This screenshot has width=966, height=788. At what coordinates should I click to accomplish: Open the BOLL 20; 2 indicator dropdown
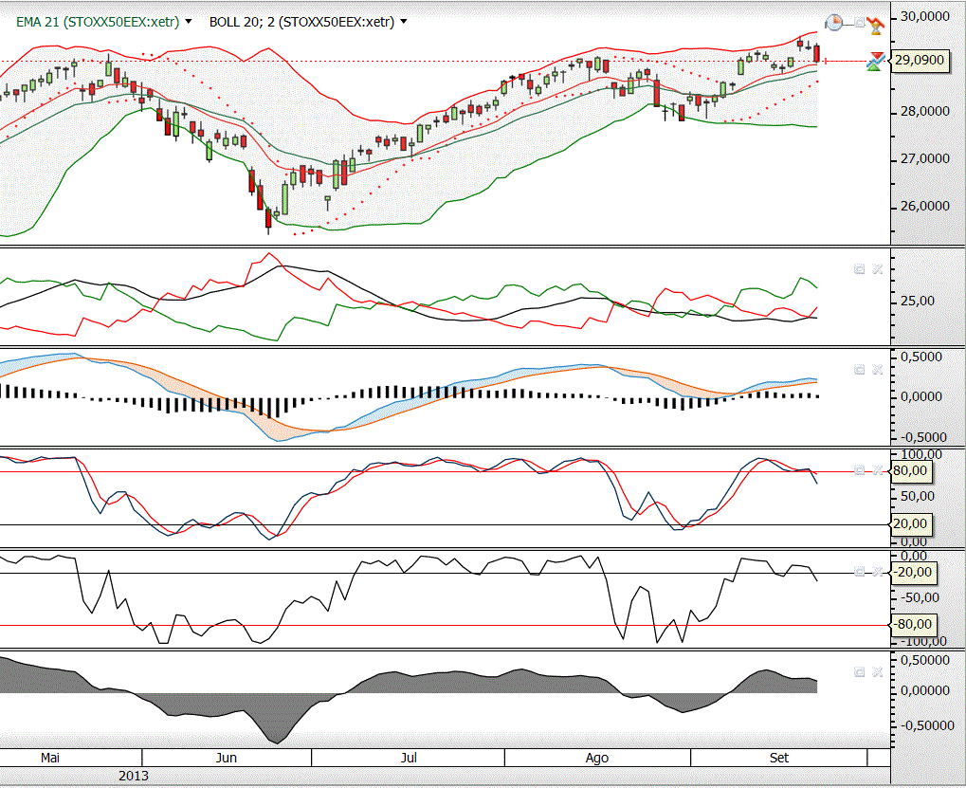pos(405,22)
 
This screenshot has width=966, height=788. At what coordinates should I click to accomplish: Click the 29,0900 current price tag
pos(920,61)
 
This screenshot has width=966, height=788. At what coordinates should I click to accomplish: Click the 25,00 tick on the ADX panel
pos(912,301)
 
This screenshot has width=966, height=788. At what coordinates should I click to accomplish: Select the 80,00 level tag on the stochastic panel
pos(911,472)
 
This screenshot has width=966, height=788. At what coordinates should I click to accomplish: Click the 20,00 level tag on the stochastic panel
pos(911,523)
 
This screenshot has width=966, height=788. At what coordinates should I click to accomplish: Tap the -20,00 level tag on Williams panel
pos(912,572)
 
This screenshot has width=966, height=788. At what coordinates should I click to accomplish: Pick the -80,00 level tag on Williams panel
pos(912,624)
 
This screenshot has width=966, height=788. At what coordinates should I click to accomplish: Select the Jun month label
pos(227,758)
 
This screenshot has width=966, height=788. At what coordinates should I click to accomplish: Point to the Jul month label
pos(409,758)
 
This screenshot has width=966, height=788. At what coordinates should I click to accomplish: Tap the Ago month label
pos(597,758)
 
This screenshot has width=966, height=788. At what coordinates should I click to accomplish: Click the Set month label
pos(779,758)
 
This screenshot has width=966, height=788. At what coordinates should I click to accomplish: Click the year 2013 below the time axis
pos(134,776)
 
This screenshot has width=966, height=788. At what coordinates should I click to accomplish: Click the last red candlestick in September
pos(817,54)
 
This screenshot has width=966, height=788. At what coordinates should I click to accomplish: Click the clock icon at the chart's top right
pos(834,22)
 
